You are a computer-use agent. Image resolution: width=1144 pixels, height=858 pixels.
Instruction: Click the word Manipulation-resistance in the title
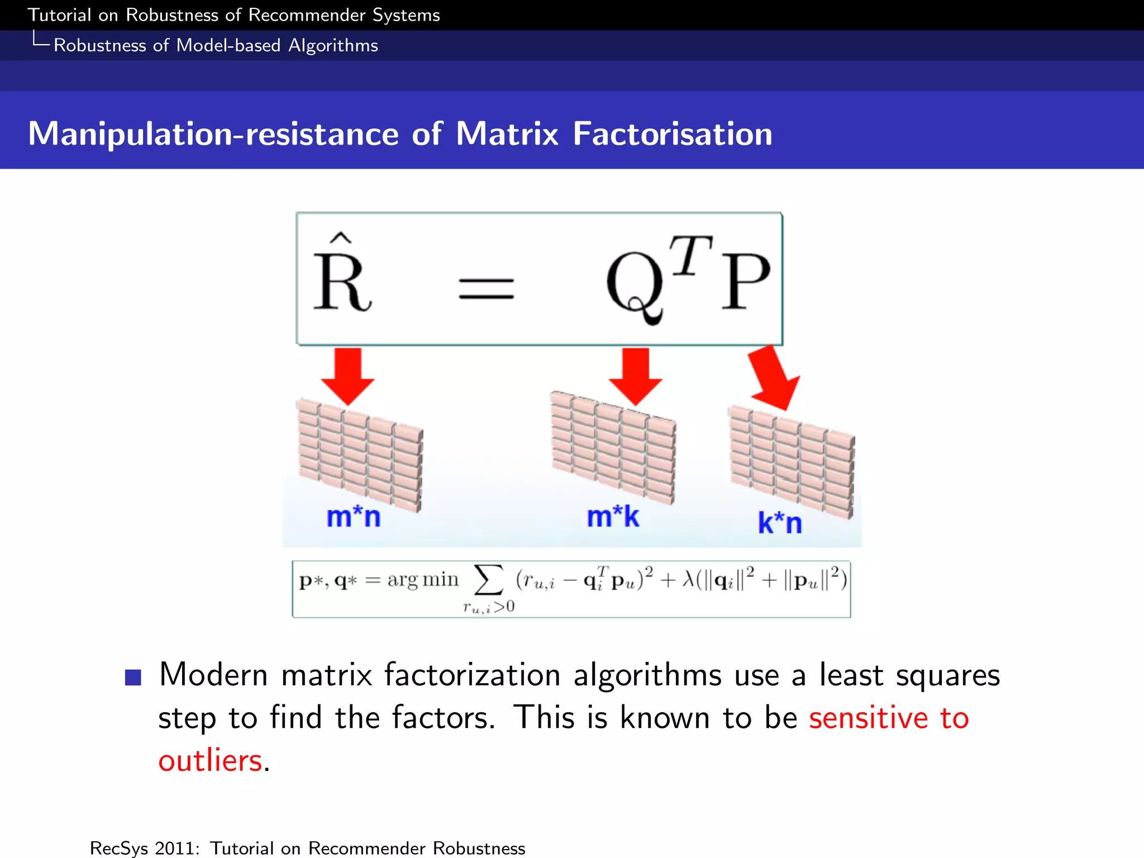coord(213,135)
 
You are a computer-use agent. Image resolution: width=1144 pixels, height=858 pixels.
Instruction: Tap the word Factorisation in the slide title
coord(673,135)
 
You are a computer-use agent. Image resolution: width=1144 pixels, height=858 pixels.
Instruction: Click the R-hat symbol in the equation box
coord(342,277)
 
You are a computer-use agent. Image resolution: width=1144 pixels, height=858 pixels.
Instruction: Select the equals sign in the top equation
coord(486,289)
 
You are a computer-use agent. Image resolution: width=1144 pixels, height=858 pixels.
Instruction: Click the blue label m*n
coord(354,517)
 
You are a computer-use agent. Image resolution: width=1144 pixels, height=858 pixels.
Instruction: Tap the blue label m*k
coord(613,517)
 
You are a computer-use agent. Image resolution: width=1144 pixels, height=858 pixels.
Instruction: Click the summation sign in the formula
coord(488,580)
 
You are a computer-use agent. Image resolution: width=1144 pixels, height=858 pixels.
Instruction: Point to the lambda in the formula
coord(689,580)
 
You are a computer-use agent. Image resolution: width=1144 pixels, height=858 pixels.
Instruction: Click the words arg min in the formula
coord(423,580)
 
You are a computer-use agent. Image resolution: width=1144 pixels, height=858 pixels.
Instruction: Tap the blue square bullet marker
coord(133,677)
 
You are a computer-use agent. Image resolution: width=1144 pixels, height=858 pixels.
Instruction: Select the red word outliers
coord(211,761)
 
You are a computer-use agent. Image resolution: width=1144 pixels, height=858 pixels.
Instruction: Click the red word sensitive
coord(868,718)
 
